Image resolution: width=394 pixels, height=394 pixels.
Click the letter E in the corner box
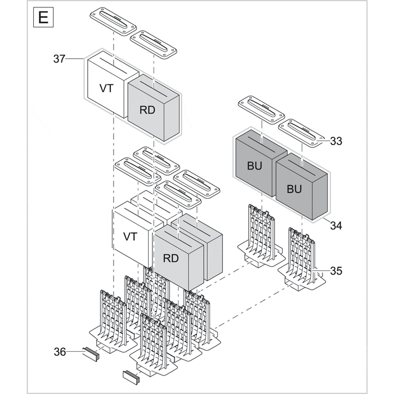click(43, 17)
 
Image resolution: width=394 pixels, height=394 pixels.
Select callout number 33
click(336, 141)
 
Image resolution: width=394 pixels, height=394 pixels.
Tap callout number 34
click(336, 226)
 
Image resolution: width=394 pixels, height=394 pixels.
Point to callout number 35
click(336, 271)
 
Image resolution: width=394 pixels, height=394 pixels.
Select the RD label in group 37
click(147, 110)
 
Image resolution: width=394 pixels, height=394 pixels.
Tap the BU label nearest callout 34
click(294, 189)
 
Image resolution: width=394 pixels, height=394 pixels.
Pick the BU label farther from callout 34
click(254, 167)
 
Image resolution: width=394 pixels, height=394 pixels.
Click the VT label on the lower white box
click(130, 236)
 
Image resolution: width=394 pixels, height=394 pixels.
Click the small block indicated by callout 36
click(91, 353)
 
